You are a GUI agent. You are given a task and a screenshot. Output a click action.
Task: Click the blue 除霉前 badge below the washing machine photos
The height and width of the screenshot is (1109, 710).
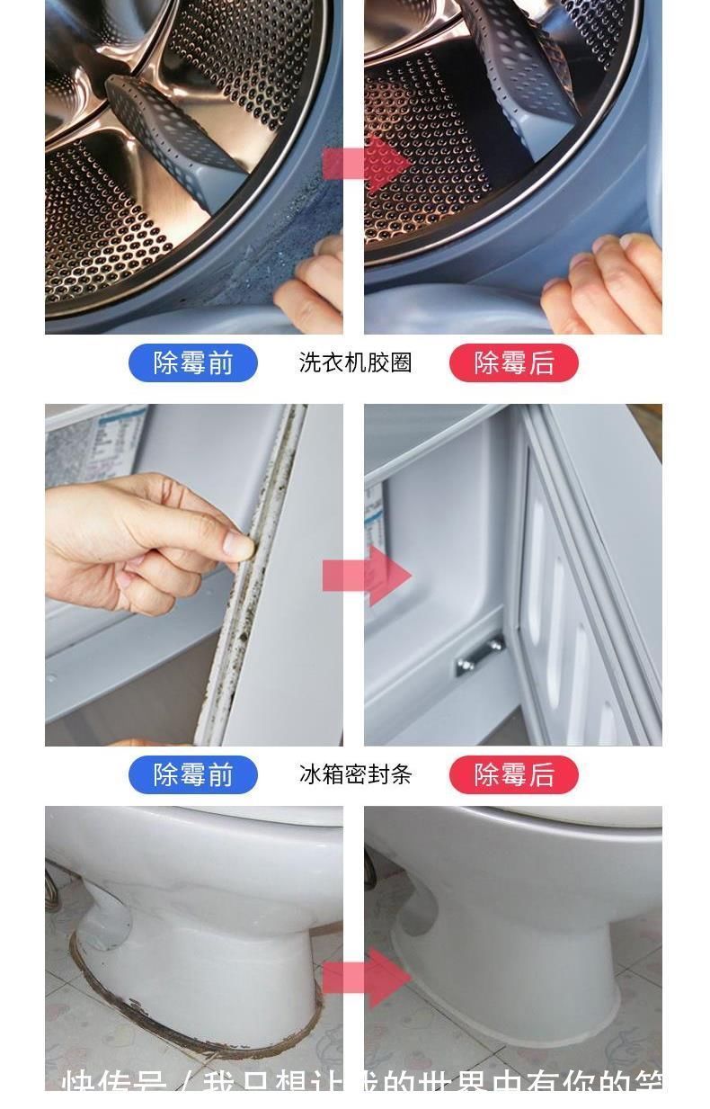tap(192, 362)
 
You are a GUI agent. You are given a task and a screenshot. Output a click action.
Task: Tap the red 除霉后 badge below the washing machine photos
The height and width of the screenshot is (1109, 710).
tap(513, 362)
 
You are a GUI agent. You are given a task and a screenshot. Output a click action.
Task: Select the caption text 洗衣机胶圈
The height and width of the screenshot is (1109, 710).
tap(355, 362)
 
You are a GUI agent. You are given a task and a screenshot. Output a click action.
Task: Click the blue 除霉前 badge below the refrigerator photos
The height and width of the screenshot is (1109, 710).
tap(192, 774)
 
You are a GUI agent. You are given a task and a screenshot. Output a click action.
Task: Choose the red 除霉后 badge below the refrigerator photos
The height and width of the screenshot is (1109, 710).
tap(513, 774)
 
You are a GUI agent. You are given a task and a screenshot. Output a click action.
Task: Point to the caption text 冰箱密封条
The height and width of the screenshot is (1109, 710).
tap(355, 774)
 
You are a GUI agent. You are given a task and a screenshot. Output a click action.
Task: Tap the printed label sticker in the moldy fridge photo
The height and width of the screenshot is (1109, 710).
tap(94, 445)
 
